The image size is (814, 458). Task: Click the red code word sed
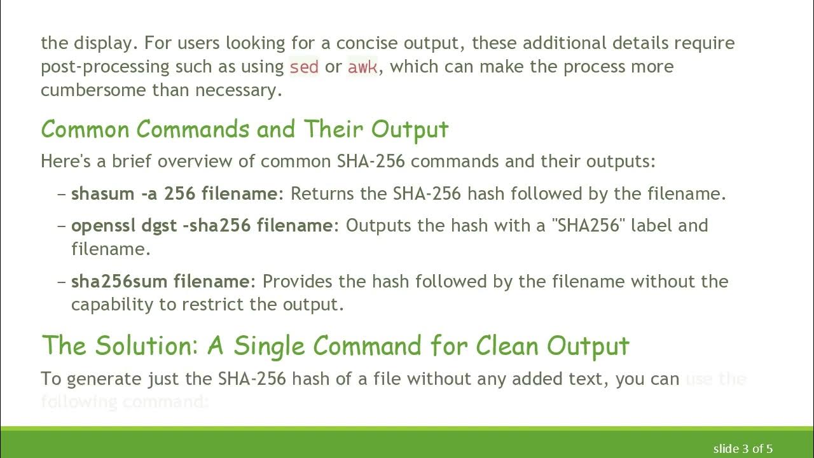click(304, 67)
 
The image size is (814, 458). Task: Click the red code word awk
click(362, 67)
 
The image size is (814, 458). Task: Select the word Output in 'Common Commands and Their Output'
click(410, 129)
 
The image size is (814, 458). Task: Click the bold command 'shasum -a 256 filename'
click(174, 193)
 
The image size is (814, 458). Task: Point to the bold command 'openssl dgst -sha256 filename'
click(202, 225)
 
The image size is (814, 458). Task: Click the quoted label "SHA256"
click(588, 225)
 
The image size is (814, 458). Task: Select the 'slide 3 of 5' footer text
click(743, 449)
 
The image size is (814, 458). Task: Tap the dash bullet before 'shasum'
click(62, 193)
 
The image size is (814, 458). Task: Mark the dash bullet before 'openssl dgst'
click(62, 225)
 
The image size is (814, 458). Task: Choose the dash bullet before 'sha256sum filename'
click(62, 281)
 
